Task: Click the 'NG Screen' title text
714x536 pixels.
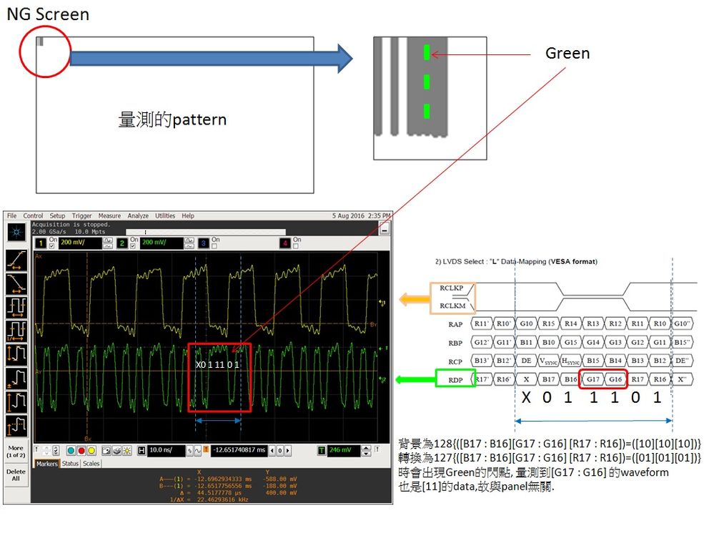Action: [48, 14]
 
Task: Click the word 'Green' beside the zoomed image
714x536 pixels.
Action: [567, 53]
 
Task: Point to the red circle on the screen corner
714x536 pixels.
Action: [44, 52]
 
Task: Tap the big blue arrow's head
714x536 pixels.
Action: [344, 58]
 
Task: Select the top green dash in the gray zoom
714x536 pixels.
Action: [426, 52]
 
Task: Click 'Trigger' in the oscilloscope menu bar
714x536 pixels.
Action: [82, 215]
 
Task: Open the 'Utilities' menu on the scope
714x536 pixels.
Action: [165, 215]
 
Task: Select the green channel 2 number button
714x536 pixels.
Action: [122, 243]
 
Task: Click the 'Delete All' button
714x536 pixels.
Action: [16, 476]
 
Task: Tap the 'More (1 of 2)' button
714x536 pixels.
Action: [16, 452]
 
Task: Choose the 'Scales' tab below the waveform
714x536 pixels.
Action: [91, 464]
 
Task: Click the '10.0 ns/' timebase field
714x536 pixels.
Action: [165, 450]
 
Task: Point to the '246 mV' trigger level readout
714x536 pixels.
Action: [343, 450]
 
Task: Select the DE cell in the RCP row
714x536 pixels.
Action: [526, 361]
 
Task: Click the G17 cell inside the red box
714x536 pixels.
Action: [593, 379]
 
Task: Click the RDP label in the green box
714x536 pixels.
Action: [456, 379]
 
